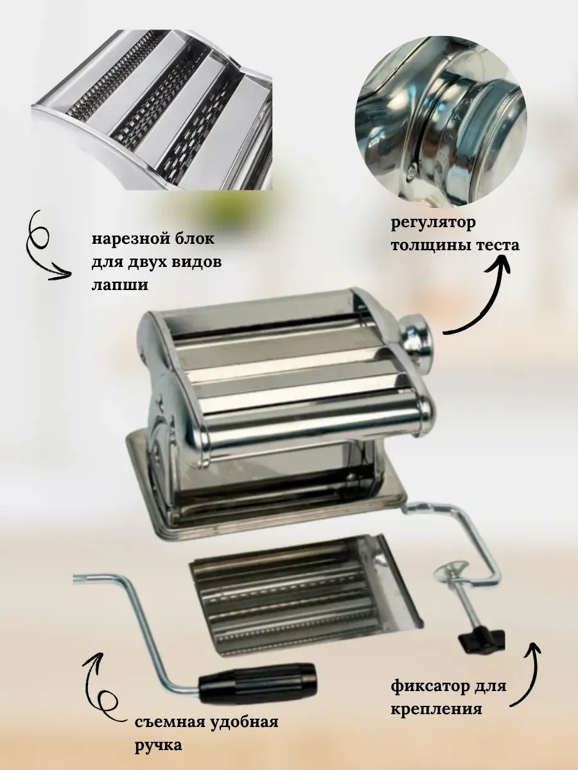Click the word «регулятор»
(433, 224)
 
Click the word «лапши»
(119, 285)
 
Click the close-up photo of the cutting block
(152, 110)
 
